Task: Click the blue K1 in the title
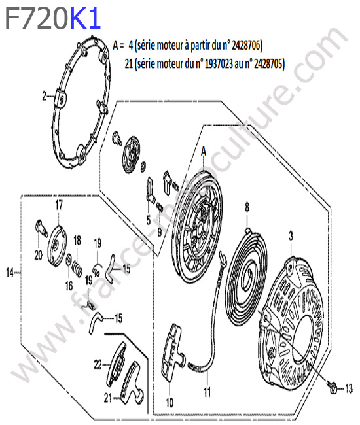[86, 18]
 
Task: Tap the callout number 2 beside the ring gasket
[45, 97]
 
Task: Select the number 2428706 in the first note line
[245, 45]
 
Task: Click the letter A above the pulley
[204, 151]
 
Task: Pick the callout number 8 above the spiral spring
[247, 208]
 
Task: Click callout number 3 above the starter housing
[291, 236]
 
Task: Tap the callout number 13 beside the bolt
[349, 389]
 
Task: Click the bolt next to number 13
[333, 386]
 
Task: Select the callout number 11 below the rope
[207, 392]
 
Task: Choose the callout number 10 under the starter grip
[170, 403]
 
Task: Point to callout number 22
[98, 365]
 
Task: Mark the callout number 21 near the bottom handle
[108, 398]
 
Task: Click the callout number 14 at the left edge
[10, 273]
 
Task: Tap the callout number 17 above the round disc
[59, 205]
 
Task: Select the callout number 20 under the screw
[38, 255]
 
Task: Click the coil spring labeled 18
[77, 269]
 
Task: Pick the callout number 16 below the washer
[69, 286]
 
